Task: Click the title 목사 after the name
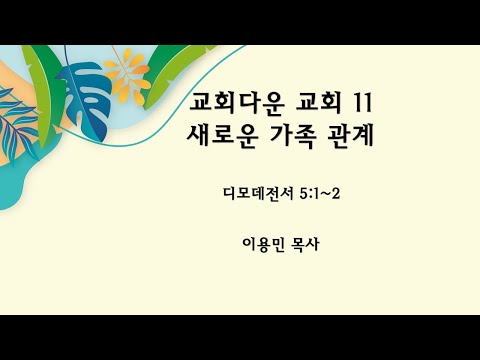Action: pos(312,241)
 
